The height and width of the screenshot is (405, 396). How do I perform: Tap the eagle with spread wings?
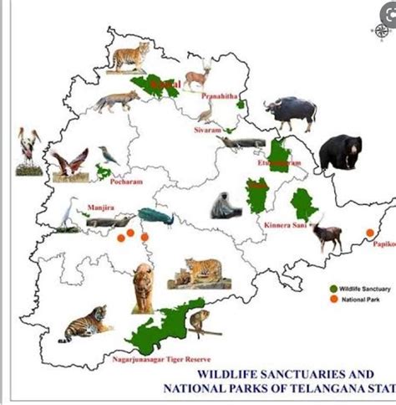click(x=69, y=163)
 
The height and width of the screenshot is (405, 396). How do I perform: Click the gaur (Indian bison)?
click(x=288, y=112)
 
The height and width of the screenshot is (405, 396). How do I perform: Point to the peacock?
click(x=155, y=217)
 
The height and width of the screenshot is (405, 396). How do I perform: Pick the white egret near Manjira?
click(x=67, y=214)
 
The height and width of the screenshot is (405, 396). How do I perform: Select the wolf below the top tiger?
click(x=117, y=101)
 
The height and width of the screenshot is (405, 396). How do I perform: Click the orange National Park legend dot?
click(x=333, y=299)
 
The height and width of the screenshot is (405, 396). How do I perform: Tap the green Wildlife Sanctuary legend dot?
click(x=333, y=289)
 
